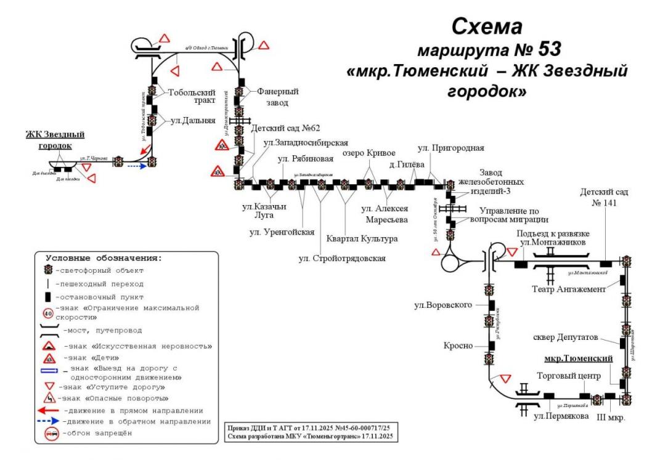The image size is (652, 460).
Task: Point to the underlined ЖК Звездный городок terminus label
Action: click(x=54, y=140)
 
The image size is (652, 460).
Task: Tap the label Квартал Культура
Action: click(x=362, y=238)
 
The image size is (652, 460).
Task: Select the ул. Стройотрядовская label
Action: click(x=342, y=258)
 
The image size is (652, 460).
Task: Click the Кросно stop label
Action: click(x=460, y=346)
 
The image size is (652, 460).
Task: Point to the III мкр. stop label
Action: click(x=612, y=418)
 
